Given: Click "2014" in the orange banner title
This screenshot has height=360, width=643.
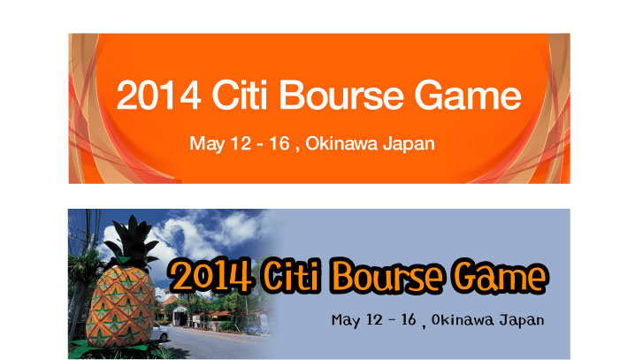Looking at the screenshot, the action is click(x=158, y=96).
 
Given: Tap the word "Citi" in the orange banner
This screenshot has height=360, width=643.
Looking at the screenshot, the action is click(x=239, y=95).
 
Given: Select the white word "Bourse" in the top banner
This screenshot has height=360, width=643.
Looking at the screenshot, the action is click(x=341, y=96).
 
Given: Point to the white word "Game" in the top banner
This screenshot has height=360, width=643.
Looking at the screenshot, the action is click(x=468, y=96).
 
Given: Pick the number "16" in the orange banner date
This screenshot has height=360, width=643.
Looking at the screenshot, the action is click(x=279, y=143).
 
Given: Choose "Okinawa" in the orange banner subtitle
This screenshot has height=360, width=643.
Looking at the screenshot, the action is click(x=341, y=143).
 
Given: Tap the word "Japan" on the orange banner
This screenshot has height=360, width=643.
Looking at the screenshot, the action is click(x=409, y=144).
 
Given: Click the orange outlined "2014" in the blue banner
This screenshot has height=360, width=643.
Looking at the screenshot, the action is click(x=211, y=275).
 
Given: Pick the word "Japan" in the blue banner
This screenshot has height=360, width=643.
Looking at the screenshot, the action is click(x=522, y=320).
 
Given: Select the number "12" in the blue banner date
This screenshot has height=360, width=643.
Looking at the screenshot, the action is click(x=374, y=319).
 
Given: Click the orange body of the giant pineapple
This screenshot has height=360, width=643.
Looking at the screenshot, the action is click(x=119, y=308).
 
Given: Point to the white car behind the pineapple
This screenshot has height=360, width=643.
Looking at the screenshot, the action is click(x=159, y=332).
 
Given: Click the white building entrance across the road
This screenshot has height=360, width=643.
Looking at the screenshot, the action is click(x=180, y=316).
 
